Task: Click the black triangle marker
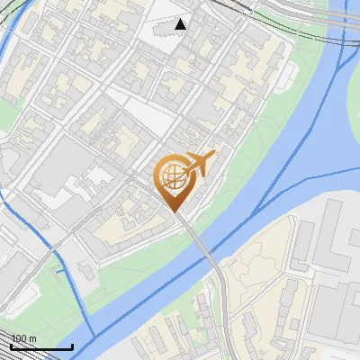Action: coord(181,24)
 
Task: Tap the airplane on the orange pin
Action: coord(199,164)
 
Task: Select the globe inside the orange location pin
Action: coord(172,177)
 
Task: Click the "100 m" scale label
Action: coord(24,338)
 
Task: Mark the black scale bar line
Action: coord(41,346)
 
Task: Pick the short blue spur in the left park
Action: coord(58,265)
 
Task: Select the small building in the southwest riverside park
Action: coord(85,270)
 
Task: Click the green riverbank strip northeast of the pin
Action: coord(261,135)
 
